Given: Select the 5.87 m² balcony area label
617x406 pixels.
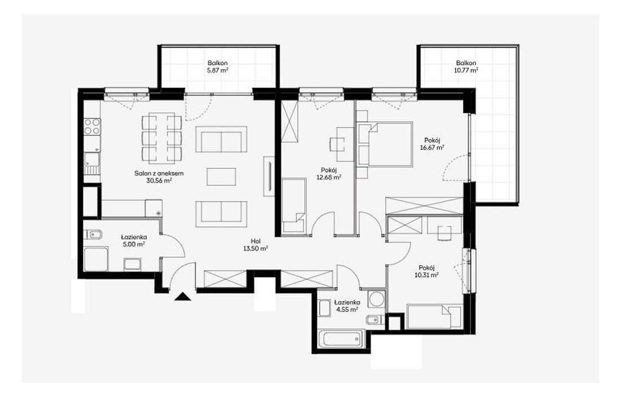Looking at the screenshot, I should tap(218, 70).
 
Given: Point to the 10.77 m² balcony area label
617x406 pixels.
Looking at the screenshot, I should tap(466, 70).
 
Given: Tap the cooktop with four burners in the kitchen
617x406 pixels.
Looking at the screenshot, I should tap(92, 126).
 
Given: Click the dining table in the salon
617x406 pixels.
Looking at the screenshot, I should tap(162, 138).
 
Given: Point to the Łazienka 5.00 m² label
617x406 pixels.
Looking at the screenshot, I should tap(134, 241).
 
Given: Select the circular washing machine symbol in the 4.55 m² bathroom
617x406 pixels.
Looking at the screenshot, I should tap(375, 299).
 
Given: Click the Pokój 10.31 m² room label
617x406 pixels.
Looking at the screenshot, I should tap(429, 271).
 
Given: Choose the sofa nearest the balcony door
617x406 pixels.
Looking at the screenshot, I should tap(222, 139).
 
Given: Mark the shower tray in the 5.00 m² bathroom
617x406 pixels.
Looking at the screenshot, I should tap(96, 259).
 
